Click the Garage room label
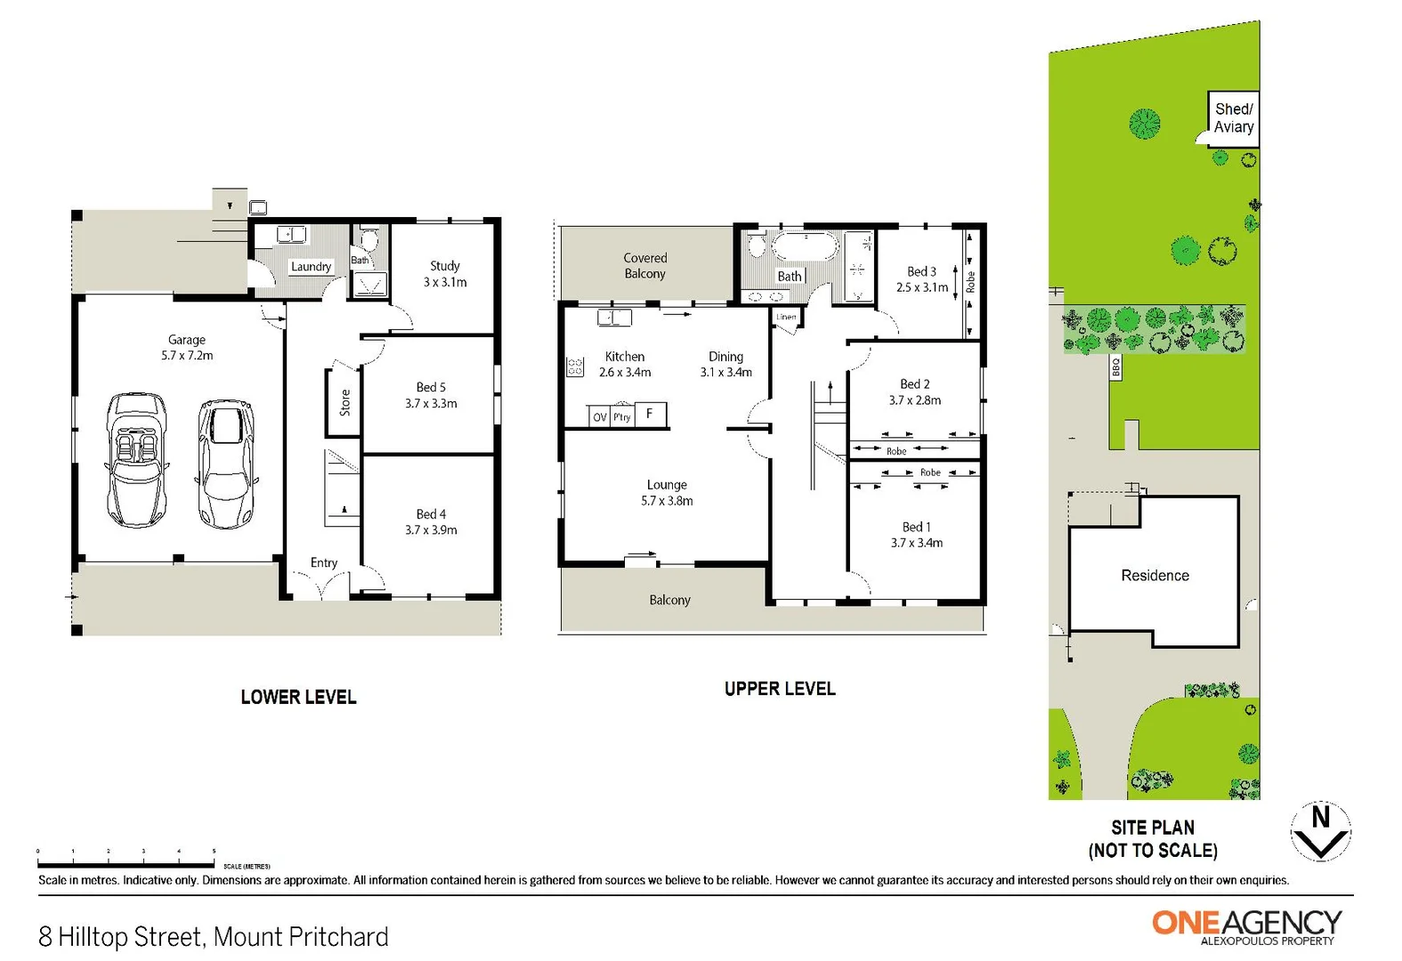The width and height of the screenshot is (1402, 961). pyautogui.click(x=187, y=340)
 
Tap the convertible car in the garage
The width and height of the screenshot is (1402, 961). pyautogui.click(x=136, y=459)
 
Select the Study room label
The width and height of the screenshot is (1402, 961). pyautogui.click(x=445, y=266)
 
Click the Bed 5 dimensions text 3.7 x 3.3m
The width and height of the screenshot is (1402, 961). pyautogui.click(x=431, y=404)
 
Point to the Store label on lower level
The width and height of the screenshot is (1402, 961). pyautogui.click(x=344, y=403)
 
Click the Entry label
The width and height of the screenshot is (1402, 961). pyautogui.click(x=324, y=563)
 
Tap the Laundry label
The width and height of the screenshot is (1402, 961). pyautogui.click(x=311, y=266)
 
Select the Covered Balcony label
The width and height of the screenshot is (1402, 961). pyautogui.click(x=644, y=266)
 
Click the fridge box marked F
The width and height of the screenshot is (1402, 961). pyautogui.click(x=650, y=414)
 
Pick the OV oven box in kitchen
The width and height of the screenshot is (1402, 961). pyautogui.click(x=600, y=416)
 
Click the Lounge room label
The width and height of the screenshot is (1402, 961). pyautogui.click(x=667, y=485)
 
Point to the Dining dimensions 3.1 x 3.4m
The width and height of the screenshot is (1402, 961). pyautogui.click(x=725, y=373)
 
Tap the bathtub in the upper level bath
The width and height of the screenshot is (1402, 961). pyautogui.click(x=805, y=246)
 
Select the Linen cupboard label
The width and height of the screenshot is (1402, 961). pyautogui.click(x=786, y=317)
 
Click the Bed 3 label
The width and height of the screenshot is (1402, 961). pyautogui.click(x=921, y=271)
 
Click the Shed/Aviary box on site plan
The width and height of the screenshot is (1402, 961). pyautogui.click(x=1233, y=118)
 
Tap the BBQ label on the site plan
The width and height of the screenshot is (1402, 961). pyautogui.click(x=1115, y=367)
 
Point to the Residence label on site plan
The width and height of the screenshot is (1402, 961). pyautogui.click(x=1155, y=576)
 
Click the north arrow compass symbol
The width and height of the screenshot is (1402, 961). pyautogui.click(x=1321, y=831)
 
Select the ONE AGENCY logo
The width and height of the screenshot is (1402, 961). pyautogui.click(x=1247, y=925)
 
